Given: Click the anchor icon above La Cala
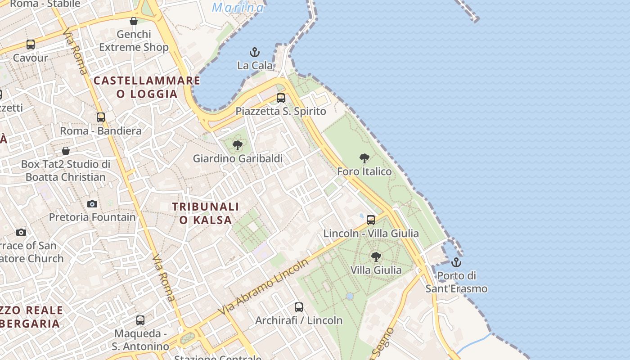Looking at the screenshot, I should click(255, 52).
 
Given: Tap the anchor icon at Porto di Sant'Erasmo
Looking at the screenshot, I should click(456, 262).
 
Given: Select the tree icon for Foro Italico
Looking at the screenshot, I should click(364, 158).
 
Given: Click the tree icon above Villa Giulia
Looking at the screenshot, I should click(376, 257).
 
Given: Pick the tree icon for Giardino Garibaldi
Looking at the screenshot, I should click(238, 145).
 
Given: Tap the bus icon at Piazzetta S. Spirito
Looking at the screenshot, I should click(281, 98).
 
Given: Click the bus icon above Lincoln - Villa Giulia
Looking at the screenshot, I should click(371, 220).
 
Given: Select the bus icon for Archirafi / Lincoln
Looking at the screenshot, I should click(299, 307).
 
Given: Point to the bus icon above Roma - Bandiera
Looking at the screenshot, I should click(101, 117).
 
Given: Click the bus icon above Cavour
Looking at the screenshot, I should click(31, 45).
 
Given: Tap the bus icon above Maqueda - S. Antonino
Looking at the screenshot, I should click(140, 320).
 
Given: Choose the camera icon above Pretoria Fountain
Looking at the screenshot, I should click(92, 204).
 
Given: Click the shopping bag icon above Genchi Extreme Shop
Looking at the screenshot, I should click(134, 21).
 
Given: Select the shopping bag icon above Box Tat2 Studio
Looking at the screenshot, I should click(66, 151).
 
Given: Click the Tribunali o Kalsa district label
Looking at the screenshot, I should click(206, 213).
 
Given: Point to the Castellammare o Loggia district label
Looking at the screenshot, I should click(147, 87).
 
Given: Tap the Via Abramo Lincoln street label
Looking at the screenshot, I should click(263, 287).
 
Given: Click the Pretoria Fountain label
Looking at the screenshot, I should click(92, 217).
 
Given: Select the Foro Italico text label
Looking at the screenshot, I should click(364, 171).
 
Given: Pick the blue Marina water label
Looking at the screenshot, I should click(238, 7).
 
